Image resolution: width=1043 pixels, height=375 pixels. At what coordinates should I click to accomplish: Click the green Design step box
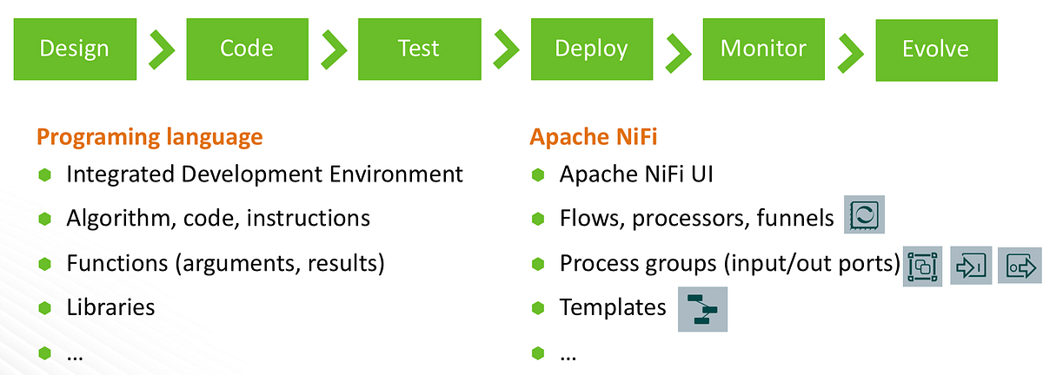74,49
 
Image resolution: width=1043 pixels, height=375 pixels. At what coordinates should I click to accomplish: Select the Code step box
247,49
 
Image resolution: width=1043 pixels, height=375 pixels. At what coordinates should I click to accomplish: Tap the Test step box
419,49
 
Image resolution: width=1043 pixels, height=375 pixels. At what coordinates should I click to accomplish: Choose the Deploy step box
591,49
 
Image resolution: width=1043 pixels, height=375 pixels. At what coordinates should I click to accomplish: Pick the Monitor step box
763,49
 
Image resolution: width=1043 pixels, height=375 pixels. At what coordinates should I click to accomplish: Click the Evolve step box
935,49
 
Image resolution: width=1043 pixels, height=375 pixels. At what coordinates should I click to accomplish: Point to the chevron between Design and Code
162,50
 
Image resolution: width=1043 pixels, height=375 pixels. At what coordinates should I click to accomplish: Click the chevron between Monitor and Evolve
850,50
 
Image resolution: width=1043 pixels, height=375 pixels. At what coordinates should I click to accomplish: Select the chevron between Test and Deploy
506,50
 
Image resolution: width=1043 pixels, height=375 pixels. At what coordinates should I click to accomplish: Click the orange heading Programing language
149,137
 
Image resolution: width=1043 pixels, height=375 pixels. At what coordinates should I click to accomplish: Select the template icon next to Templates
702,309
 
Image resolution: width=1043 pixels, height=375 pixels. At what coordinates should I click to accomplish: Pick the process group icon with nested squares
924,266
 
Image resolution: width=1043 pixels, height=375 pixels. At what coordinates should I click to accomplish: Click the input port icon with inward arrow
971,266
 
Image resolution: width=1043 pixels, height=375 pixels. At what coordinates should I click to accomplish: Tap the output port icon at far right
1020,266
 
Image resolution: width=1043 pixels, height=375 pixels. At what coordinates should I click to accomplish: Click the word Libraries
110,307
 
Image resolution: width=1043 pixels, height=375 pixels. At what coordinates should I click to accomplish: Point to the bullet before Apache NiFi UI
538,174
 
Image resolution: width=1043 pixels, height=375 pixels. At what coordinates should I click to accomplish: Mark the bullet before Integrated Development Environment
45,174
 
